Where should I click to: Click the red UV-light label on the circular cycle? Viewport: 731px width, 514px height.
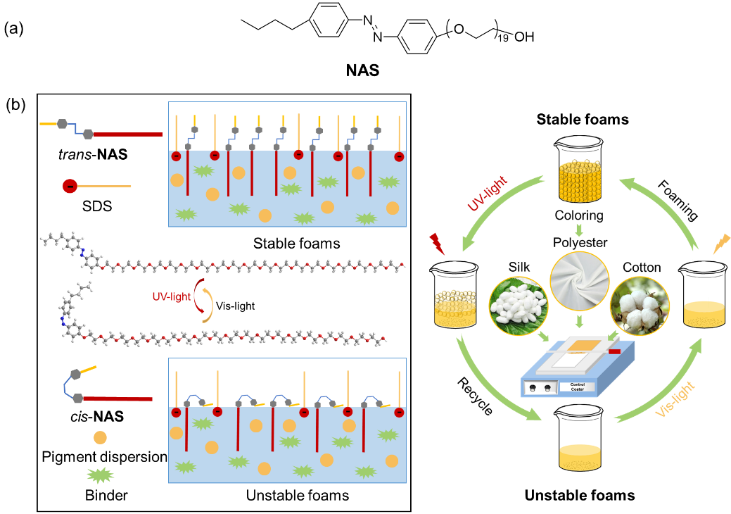(x=488, y=194)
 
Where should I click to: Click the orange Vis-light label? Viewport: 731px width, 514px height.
(x=675, y=399)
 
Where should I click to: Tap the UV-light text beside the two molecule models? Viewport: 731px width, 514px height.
(x=171, y=296)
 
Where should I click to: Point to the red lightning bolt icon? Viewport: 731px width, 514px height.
(x=438, y=244)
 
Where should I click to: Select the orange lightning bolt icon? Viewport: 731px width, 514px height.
(x=721, y=244)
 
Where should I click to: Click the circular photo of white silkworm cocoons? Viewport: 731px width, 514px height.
(x=519, y=306)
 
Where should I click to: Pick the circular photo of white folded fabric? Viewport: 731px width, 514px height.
(x=580, y=281)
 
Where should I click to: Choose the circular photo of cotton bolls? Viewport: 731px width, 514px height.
(x=640, y=306)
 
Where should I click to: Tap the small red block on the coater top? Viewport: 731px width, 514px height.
(x=614, y=351)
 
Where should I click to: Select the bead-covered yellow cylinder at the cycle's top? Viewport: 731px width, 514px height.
(x=580, y=181)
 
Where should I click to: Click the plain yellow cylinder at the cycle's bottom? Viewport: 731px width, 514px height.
(x=580, y=457)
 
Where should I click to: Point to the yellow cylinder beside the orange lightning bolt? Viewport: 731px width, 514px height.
(x=704, y=314)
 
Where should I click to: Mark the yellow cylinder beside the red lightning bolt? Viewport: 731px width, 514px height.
(x=455, y=310)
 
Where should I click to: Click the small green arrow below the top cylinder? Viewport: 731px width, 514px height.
(x=579, y=230)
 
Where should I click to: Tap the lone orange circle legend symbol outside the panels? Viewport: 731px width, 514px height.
(x=100, y=437)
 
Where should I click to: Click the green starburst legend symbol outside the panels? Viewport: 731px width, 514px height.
(x=100, y=475)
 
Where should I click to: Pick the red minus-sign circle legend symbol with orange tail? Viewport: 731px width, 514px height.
(x=70, y=186)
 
